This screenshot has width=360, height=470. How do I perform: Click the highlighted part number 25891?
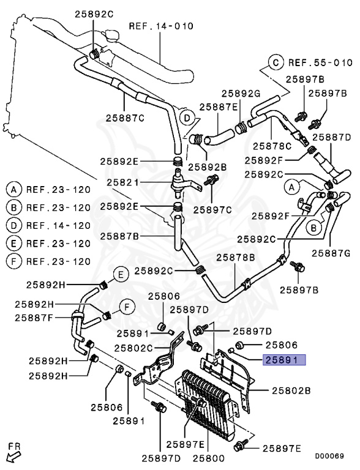click(283, 360)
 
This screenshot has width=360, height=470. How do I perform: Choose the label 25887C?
click(125, 118)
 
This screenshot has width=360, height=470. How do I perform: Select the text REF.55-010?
click(320, 62)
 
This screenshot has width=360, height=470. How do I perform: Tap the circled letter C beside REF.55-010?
click(276, 62)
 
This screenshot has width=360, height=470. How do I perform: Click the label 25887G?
click(331, 252)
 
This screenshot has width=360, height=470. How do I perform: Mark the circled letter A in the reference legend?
click(14, 188)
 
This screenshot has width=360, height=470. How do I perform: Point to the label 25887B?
click(120, 236)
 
